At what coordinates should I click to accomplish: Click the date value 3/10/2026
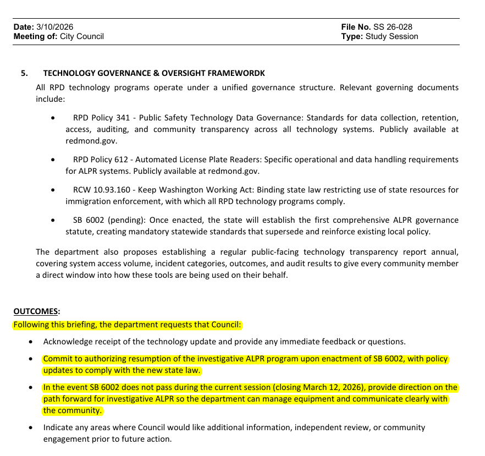pos(55,27)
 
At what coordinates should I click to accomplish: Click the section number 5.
pos(24,73)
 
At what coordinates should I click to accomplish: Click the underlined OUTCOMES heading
pos(37,312)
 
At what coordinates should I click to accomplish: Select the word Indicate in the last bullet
pos(58,427)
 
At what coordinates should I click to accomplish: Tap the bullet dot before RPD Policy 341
pos(52,118)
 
